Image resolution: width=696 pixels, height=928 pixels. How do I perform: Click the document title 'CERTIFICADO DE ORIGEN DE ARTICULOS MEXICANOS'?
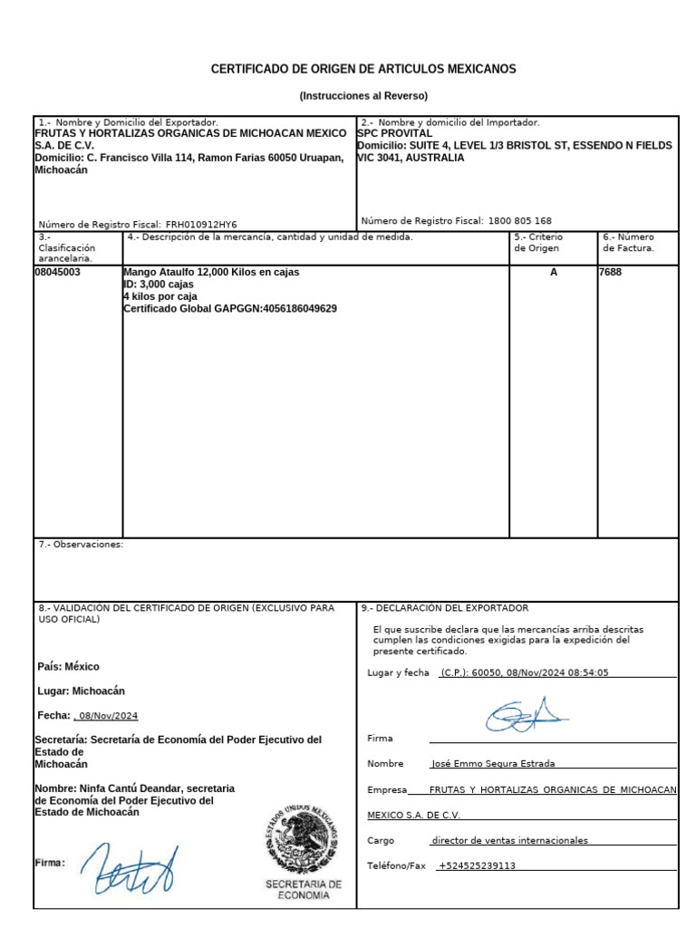coord(363,69)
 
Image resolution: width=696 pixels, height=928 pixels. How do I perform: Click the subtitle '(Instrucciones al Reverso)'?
coord(363,96)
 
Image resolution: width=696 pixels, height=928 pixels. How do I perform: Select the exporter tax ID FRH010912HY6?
coord(201,225)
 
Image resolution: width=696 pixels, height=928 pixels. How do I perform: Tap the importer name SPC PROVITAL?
coord(395,133)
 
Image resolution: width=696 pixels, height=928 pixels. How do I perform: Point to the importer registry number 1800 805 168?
coord(519,221)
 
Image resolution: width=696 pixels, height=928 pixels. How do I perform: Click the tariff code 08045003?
coord(58,272)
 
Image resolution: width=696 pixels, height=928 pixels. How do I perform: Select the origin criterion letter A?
coord(554,272)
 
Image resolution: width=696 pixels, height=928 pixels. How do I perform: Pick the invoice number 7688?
coord(611,272)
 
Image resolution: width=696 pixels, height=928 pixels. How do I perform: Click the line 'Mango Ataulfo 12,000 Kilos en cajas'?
coord(211,272)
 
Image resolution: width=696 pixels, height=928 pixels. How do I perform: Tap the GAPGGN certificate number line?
coord(230,309)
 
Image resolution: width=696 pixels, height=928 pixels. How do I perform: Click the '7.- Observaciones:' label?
coord(81,545)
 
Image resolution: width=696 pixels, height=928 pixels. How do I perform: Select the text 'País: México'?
coord(69,667)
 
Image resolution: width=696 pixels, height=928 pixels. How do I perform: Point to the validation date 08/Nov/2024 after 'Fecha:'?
coord(109,716)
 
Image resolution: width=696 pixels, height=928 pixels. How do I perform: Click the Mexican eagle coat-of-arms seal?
coord(302,838)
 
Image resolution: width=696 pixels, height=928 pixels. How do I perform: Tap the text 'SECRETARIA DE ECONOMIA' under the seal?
coord(304,889)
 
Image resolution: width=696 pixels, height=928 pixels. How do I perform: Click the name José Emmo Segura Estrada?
coord(494,764)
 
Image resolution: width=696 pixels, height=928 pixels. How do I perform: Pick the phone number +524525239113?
coord(478,865)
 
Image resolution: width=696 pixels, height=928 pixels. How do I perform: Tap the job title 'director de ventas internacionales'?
coord(510,840)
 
